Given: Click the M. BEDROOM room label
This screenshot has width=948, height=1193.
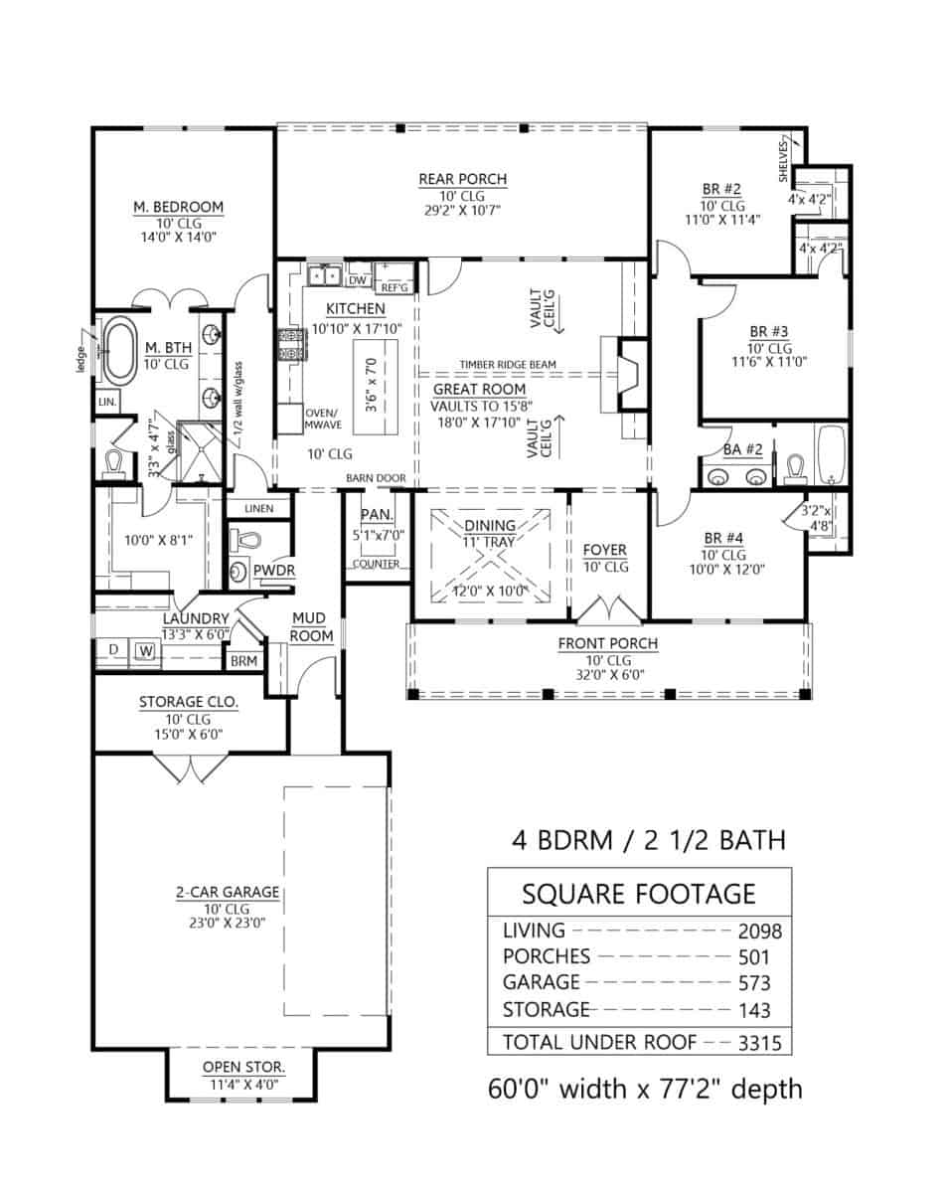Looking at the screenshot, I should [178, 207].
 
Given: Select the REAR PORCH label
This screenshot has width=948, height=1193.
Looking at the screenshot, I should [462, 179].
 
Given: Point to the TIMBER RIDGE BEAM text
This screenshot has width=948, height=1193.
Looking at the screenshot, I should [507, 365].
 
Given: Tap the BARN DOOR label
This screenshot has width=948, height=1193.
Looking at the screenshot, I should [376, 478].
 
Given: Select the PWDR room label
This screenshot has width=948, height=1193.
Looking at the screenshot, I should [268, 570].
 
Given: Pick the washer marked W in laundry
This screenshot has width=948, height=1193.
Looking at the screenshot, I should [145, 651].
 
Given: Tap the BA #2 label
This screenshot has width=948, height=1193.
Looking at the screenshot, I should [742, 449].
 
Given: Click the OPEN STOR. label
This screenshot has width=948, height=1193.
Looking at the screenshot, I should [243, 1067].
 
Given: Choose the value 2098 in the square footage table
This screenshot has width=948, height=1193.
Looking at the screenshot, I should [759, 932].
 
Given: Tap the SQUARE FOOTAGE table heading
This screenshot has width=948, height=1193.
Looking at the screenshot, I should [639, 894].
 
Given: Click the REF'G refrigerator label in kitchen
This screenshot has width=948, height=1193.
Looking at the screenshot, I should [395, 287].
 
